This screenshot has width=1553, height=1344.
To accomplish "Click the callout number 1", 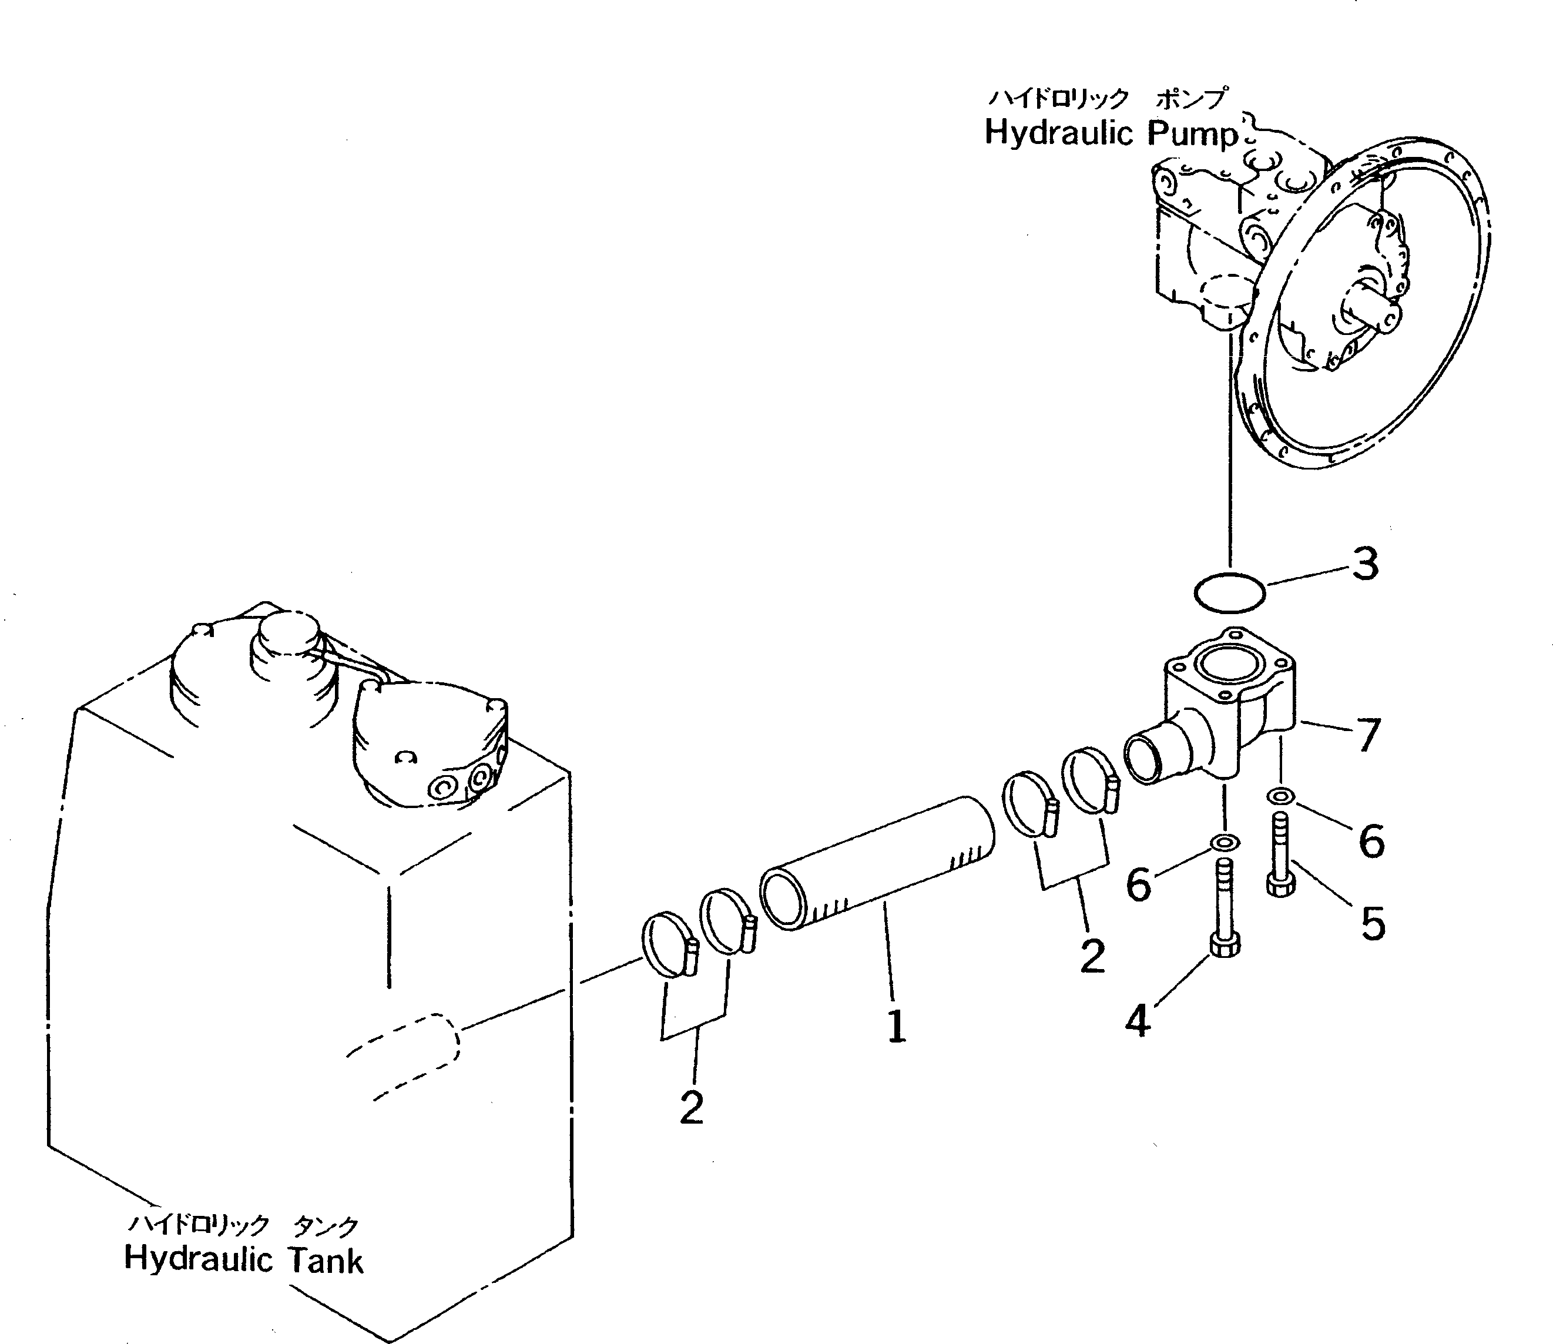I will [896, 1027].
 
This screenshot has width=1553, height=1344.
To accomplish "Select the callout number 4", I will [1138, 1021].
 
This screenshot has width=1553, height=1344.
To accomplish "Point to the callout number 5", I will [1373, 923].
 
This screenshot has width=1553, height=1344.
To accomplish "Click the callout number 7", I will [1368, 735].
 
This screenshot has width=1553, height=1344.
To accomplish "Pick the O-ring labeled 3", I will [1229, 592].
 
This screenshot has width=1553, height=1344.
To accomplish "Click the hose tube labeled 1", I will [877, 863].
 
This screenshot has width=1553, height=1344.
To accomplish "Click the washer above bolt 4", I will [1224, 842].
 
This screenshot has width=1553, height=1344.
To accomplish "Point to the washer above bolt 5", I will [1280, 796].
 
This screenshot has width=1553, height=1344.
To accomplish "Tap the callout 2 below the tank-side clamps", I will [692, 1108].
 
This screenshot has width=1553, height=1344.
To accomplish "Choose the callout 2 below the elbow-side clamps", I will [1092, 956].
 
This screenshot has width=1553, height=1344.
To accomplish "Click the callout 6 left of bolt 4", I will [1138, 885].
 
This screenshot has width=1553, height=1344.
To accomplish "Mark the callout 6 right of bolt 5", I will [1371, 841].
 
